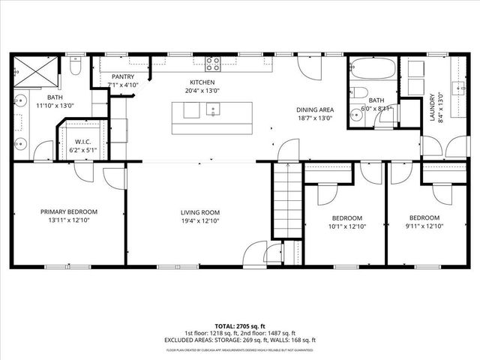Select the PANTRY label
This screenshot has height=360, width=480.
122,77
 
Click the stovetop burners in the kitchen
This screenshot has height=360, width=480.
213,64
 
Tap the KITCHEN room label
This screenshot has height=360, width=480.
202,82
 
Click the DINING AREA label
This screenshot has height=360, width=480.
314,109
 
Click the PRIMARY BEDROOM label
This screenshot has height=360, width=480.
69,212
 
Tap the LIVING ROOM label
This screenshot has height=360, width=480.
199,212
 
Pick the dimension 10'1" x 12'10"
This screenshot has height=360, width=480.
346,226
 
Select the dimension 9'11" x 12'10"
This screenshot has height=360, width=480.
424,226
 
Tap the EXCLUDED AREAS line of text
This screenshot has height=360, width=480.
240,340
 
